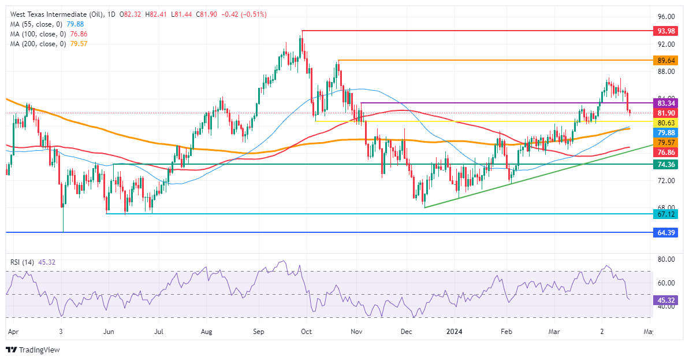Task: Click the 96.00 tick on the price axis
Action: click(x=666, y=17)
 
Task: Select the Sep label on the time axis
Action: click(x=259, y=332)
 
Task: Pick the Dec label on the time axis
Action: click(x=407, y=332)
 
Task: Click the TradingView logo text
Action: click(x=39, y=350)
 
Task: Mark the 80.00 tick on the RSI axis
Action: click(x=666, y=259)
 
